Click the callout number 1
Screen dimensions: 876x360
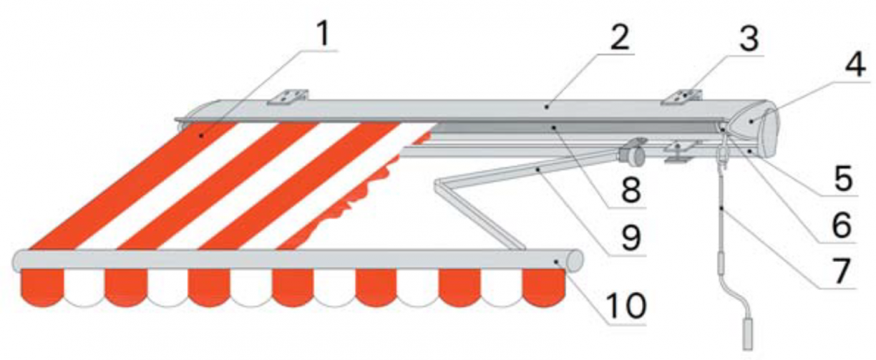point(323,34)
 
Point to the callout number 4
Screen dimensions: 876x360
point(855,64)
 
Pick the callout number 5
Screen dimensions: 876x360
point(843,178)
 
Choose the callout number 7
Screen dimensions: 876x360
point(842,271)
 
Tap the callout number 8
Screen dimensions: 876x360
point(631,190)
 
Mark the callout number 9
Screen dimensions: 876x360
point(631,238)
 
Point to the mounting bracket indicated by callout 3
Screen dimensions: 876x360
point(682,97)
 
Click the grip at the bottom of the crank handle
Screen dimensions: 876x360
point(747,334)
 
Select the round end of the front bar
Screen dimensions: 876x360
point(575,261)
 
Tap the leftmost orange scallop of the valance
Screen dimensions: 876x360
point(42,288)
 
